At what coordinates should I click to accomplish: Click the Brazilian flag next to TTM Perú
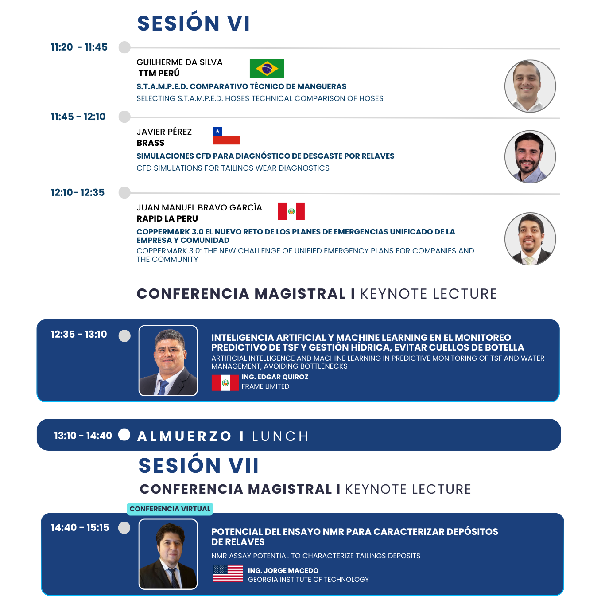(267, 69)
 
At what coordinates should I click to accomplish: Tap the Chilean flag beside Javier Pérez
(226, 136)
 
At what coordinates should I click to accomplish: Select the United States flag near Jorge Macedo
(228, 573)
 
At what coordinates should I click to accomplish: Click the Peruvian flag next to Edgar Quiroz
(225, 382)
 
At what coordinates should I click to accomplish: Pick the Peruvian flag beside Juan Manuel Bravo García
(291, 211)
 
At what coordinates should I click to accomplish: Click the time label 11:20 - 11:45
(79, 47)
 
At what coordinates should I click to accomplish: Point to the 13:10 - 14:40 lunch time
(83, 436)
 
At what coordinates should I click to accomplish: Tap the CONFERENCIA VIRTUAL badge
(170, 509)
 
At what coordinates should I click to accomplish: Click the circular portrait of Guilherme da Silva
(530, 86)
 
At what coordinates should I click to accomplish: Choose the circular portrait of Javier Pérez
(530, 157)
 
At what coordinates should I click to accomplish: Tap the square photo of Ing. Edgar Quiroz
(168, 360)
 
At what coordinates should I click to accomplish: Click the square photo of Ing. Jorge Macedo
(168, 554)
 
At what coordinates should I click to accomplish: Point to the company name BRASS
(151, 143)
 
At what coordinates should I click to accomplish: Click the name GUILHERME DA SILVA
(179, 62)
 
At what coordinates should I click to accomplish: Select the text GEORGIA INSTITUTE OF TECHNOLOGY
(308, 579)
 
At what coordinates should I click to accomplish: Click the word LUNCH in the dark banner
(280, 436)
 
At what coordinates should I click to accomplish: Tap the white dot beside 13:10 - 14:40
(124, 435)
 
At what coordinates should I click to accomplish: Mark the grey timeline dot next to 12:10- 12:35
(124, 193)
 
